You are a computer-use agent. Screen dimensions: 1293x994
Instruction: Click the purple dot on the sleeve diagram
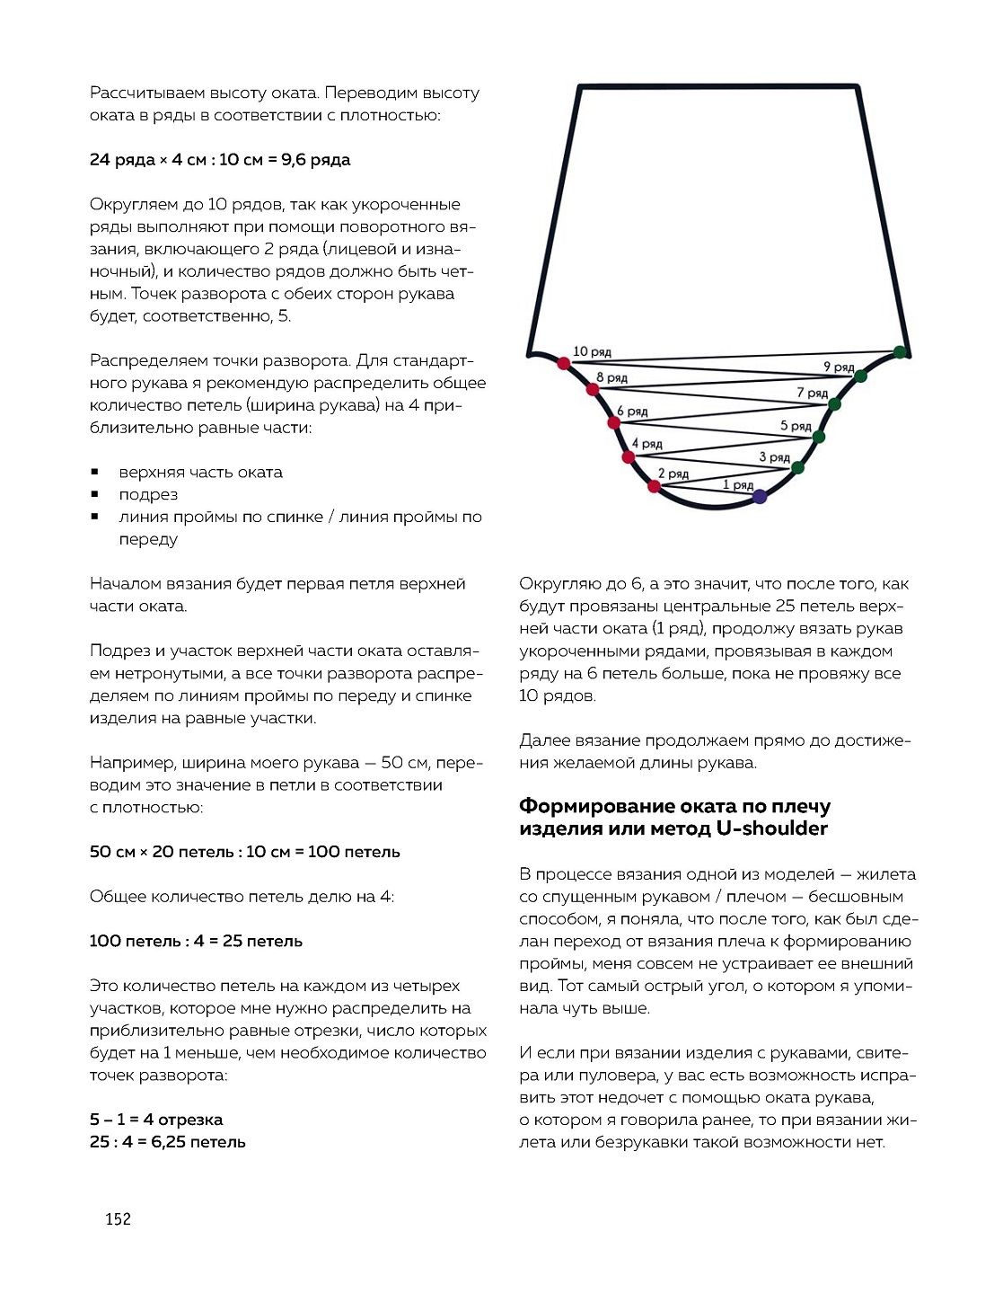tap(760, 495)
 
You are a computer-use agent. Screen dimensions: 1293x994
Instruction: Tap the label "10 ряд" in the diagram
tap(592, 352)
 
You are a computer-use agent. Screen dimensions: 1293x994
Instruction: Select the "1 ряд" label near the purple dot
tap(738, 485)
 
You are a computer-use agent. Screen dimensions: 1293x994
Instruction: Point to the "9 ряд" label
tap(839, 367)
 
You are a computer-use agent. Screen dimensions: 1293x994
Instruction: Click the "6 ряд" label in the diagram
tap(632, 412)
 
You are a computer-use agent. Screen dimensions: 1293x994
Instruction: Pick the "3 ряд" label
tap(774, 457)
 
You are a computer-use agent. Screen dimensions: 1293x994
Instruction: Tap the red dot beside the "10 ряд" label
tap(563, 364)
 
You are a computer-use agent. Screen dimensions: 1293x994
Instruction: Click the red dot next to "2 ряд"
tap(654, 486)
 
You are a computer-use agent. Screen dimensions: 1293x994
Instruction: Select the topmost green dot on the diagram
tap(900, 352)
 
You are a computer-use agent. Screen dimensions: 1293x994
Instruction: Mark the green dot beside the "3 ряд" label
tap(797, 467)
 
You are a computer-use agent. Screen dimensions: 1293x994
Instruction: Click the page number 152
tap(118, 1219)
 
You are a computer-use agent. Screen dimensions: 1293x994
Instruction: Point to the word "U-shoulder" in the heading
tap(771, 828)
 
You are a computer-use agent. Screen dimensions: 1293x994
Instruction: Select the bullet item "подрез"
tap(148, 495)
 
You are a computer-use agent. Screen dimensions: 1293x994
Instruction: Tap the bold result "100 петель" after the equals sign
tap(354, 852)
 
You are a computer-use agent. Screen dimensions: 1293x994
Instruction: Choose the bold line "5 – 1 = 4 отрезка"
tap(156, 1120)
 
